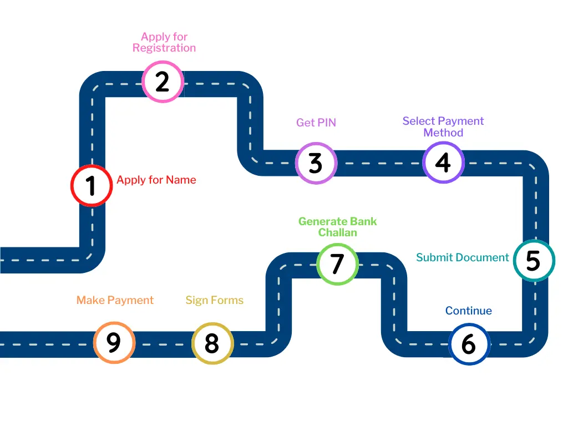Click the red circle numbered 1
click(92, 186)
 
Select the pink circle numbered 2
click(163, 82)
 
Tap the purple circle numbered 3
click(316, 163)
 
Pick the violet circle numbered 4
click(443, 163)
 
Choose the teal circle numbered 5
click(534, 260)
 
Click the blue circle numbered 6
click(469, 344)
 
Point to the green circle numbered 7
click(337, 264)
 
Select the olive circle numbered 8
click(212, 343)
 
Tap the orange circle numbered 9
click(114, 343)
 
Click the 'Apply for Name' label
click(156, 180)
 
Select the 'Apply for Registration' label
click(164, 42)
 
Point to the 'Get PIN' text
click(316, 123)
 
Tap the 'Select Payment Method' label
click(443, 126)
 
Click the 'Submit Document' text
click(463, 257)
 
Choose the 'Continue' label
click(469, 311)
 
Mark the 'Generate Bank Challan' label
click(337, 227)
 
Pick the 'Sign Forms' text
click(215, 300)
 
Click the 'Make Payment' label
click(115, 300)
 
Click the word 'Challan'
click(337, 232)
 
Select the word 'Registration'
click(164, 48)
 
